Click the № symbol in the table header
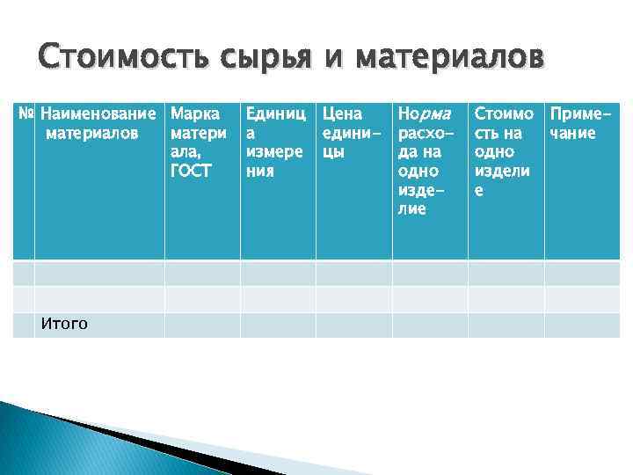(x=25, y=114)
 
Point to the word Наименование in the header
(x=101, y=114)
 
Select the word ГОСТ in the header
(x=191, y=171)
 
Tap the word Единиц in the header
(x=274, y=114)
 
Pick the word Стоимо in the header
(x=504, y=114)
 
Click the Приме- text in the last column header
(x=580, y=114)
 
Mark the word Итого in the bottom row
(x=64, y=325)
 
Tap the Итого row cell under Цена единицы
(x=353, y=325)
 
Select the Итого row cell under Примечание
(x=582, y=325)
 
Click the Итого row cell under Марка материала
(x=201, y=325)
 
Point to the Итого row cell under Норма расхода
(x=429, y=325)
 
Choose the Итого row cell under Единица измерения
(x=277, y=325)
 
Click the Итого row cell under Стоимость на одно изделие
(x=506, y=325)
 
